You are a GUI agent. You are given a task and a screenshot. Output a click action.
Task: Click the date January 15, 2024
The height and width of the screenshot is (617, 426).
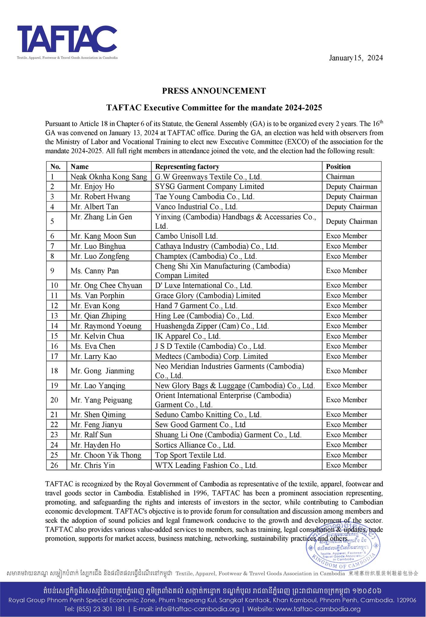[356, 58]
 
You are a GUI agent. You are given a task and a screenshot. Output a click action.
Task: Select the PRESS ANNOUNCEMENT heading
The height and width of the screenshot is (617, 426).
[214, 91]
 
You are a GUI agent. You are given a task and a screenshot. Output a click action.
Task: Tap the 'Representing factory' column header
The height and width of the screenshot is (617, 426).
[187, 167]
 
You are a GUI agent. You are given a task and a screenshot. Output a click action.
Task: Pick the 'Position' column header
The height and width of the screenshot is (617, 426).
[338, 167]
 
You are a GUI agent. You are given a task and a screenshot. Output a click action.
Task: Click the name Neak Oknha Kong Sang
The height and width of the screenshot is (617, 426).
[109, 177]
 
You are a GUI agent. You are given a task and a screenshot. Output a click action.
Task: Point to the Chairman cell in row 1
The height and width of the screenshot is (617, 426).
[340, 177]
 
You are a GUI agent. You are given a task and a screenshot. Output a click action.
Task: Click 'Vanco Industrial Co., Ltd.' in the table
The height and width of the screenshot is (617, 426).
[196, 207]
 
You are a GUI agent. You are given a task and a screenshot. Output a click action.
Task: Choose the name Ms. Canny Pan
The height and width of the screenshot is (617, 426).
[95, 271]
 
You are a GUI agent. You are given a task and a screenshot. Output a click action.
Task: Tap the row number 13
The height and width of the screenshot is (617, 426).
[54, 316]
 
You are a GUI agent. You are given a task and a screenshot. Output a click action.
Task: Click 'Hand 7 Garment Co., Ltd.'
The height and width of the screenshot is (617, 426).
[196, 306]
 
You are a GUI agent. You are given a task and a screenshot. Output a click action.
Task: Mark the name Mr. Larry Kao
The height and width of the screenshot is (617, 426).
[93, 356]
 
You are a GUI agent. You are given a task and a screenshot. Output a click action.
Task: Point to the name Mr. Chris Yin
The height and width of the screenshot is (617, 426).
[93, 465]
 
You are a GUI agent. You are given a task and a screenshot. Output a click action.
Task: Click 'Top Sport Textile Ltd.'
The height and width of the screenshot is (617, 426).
[190, 455]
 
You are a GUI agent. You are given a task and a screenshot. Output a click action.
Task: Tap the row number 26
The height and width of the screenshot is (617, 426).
[54, 465]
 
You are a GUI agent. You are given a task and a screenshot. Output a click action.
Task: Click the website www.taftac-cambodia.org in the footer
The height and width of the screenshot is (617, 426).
[318, 609]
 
